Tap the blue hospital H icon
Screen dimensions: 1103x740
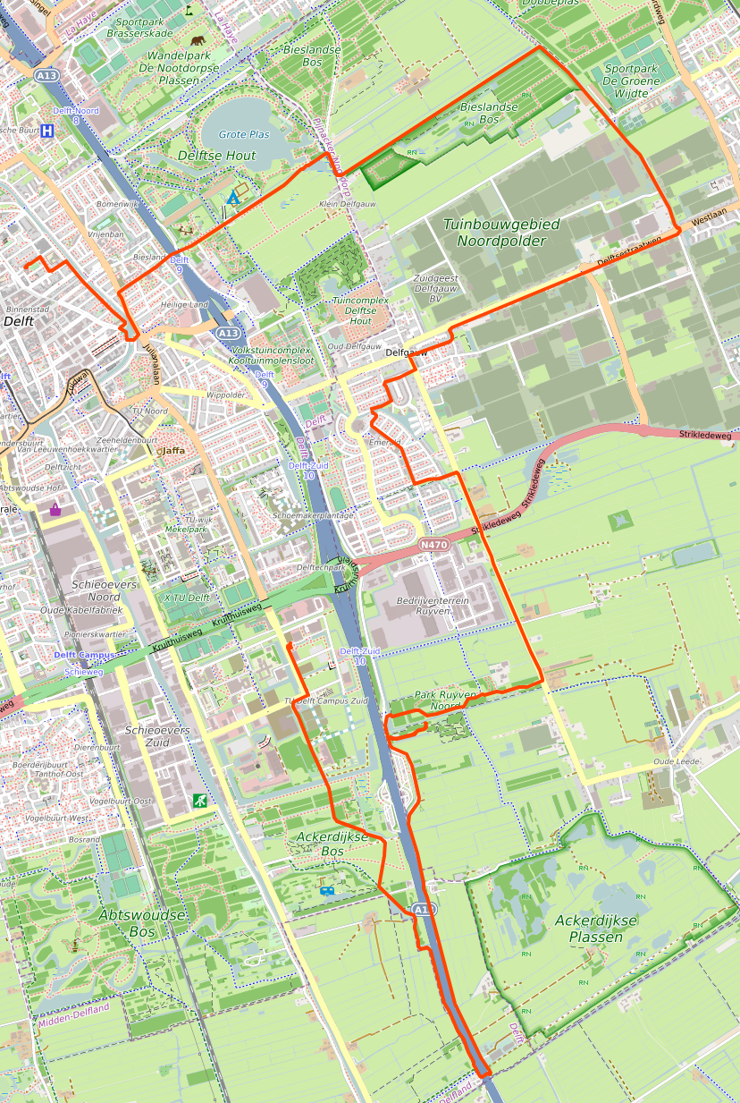tap(46, 130)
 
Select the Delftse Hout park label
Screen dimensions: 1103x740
tap(217, 156)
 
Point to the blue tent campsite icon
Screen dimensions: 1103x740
tap(233, 196)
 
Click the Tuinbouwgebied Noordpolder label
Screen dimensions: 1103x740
tap(495, 232)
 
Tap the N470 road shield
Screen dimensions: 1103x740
tap(433, 544)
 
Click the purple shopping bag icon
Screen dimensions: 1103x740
tap(55, 510)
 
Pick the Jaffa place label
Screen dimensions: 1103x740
tap(172, 451)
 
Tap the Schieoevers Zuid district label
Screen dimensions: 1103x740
tap(157, 736)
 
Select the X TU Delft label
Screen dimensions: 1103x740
tap(186, 598)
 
